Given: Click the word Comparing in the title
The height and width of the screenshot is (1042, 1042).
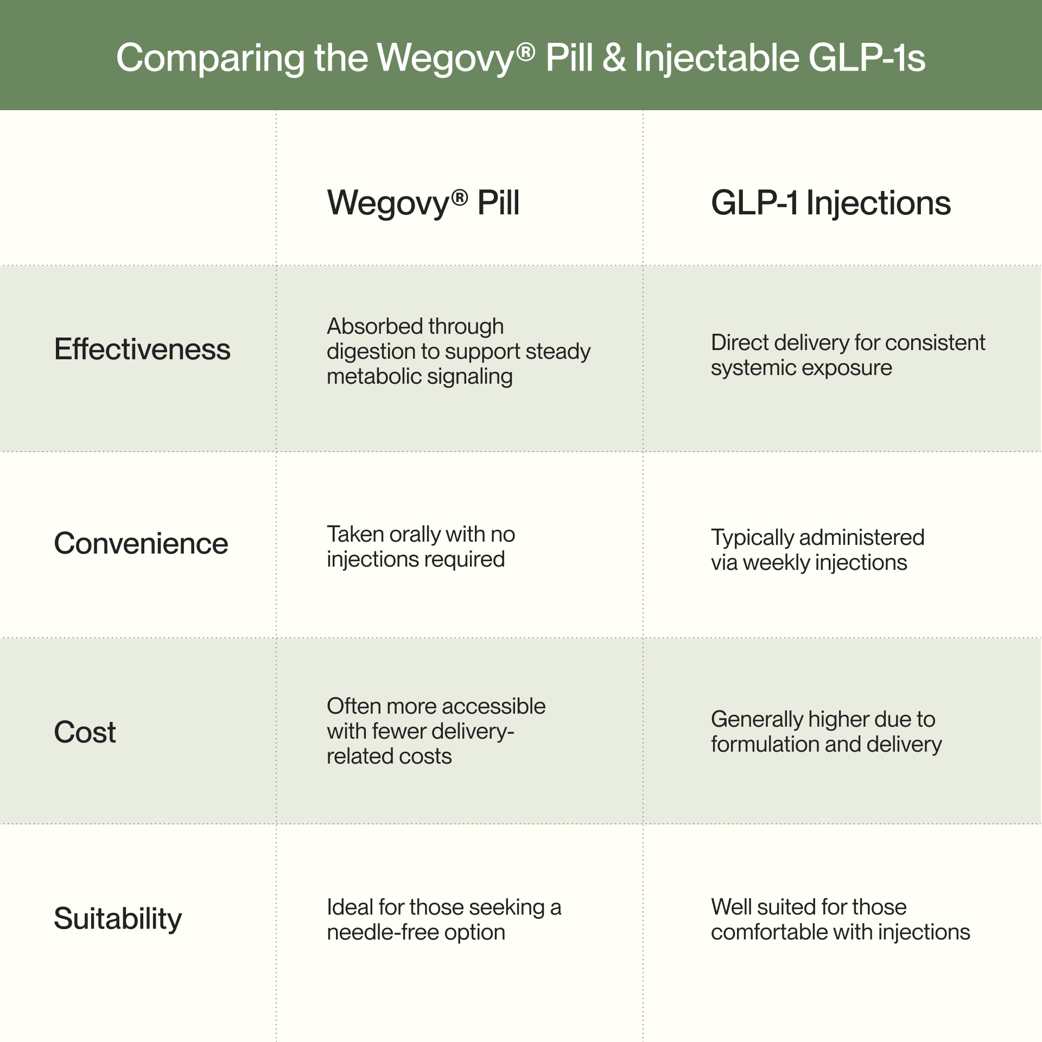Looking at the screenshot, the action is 210,59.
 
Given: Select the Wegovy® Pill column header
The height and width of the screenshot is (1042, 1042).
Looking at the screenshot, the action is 423,203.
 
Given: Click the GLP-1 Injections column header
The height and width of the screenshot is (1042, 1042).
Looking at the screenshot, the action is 830,203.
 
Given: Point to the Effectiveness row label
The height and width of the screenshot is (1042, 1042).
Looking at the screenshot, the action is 142,349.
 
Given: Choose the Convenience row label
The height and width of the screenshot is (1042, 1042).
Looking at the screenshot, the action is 141,543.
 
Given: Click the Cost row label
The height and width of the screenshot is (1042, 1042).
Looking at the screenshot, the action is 85,732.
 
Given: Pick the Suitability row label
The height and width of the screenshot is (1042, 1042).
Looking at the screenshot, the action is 118,918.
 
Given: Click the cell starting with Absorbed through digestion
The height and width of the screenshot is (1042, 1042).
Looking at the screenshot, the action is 458,351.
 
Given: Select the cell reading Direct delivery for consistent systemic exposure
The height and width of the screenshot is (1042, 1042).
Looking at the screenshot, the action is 847,355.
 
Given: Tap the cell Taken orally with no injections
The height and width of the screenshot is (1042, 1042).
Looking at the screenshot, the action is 421,547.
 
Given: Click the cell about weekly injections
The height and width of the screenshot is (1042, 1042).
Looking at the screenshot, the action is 817,550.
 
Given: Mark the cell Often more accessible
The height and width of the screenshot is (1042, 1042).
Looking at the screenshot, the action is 436,731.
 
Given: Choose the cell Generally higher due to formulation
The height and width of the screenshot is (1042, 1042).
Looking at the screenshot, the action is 825,732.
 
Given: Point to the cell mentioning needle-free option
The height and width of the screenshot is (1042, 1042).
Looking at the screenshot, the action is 443,919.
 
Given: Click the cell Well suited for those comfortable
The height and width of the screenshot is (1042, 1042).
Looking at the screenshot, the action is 840,919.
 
